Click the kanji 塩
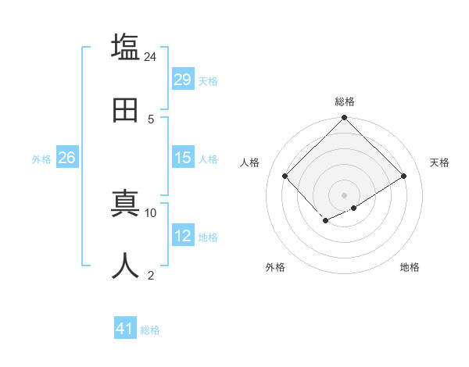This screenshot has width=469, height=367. pyautogui.click(x=126, y=47)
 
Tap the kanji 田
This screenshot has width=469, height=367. pyautogui.click(x=126, y=110)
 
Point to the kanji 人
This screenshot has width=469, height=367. pyautogui.click(x=126, y=266)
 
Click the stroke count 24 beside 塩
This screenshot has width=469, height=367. pyautogui.click(x=150, y=57)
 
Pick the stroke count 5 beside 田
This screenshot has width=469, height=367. pyautogui.click(x=150, y=119)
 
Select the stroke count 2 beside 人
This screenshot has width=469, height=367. pyautogui.click(x=150, y=275)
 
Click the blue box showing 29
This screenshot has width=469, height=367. pyautogui.click(x=183, y=80)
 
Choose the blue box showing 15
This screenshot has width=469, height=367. pyautogui.click(x=183, y=158)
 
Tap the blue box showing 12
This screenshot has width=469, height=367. pyautogui.click(x=183, y=236)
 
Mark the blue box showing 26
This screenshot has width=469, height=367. pyautogui.click(x=66, y=158)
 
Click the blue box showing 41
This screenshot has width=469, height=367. pyautogui.click(x=125, y=329)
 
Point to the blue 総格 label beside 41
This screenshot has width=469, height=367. pyautogui.click(x=150, y=330)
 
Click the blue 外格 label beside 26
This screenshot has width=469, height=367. pyautogui.click(x=41, y=159)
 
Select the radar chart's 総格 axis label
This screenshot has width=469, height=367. pyautogui.click(x=344, y=102)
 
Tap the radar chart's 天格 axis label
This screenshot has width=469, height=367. pyautogui.click(x=439, y=162)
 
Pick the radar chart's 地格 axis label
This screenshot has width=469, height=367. pyautogui.click(x=410, y=267)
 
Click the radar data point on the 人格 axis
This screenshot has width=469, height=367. pyautogui.click(x=285, y=176)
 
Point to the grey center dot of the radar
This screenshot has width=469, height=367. pyautogui.click(x=344, y=194)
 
